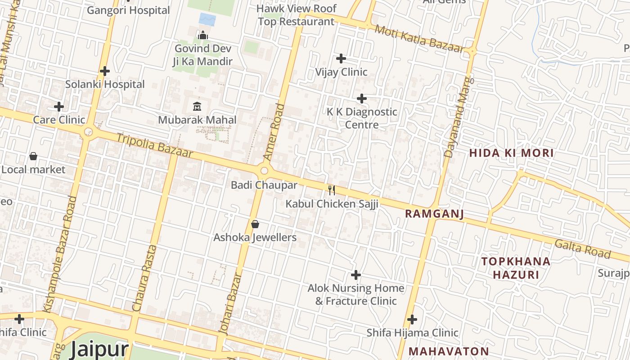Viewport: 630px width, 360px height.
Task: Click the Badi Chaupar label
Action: [x=264, y=185]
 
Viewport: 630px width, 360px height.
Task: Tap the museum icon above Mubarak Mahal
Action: [x=197, y=107]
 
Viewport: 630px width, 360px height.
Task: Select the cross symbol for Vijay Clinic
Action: [x=341, y=58]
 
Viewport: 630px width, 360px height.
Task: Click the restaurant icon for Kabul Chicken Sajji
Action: [x=332, y=190]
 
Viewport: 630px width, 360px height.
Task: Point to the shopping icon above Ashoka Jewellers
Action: [x=255, y=224]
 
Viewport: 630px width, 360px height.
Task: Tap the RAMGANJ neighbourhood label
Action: [x=434, y=214]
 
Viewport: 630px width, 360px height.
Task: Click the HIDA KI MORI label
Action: [x=511, y=153]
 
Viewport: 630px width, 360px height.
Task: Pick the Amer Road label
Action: [x=274, y=132]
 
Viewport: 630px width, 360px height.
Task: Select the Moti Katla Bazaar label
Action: [x=419, y=39]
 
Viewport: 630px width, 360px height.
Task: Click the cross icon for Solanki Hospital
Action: [x=105, y=71]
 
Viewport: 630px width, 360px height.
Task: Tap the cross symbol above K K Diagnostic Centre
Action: [x=362, y=99]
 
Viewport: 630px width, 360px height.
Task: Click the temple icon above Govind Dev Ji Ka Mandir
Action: [x=203, y=35]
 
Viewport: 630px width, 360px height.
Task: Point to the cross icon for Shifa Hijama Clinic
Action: [x=412, y=319]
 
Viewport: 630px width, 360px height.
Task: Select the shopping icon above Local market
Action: [x=33, y=156]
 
